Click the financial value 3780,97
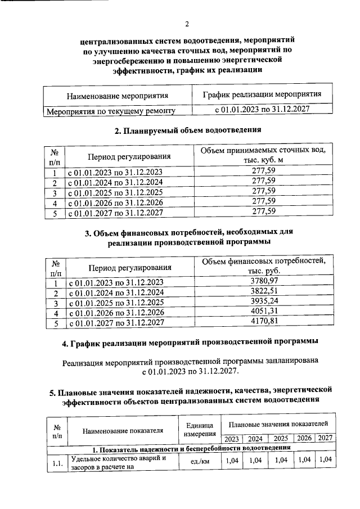pyautogui.click(x=263, y=281)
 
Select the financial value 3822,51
pyautogui.click(x=263, y=292)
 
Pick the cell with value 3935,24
pyautogui.click(x=263, y=302)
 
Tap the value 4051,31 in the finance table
pyautogui.click(x=263, y=312)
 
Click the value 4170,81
pyautogui.click(x=263, y=322)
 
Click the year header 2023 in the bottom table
pyautogui.click(x=231, y=439)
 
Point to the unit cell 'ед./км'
pyautogui.click(x=197, y=461)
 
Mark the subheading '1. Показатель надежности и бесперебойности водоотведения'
pyautogui.click(x=191, y=448)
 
